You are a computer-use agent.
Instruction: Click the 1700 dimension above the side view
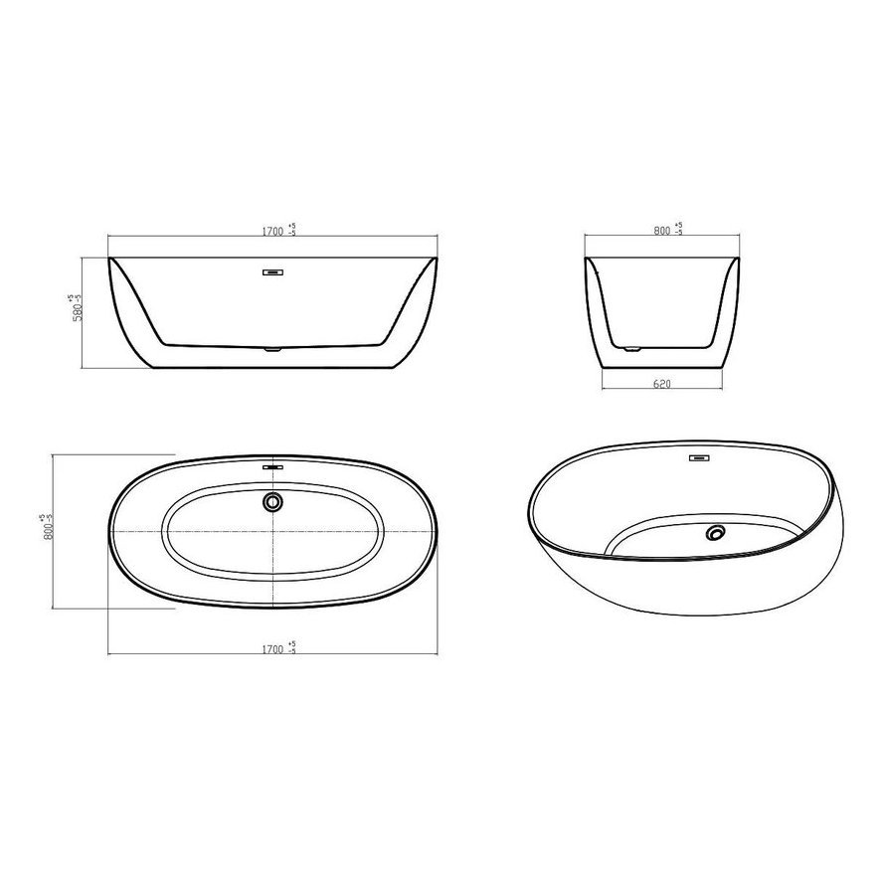[272, 232]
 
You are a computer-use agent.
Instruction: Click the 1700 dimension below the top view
[272, 649]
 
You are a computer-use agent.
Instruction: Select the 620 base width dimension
[662, 384]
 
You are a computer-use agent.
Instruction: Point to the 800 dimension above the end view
[662, 231]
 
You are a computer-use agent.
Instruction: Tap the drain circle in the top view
[272, 501]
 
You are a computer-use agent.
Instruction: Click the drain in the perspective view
[715, 533]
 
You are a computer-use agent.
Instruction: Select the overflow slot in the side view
[273, 272]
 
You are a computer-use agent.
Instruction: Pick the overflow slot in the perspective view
[699, 458]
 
